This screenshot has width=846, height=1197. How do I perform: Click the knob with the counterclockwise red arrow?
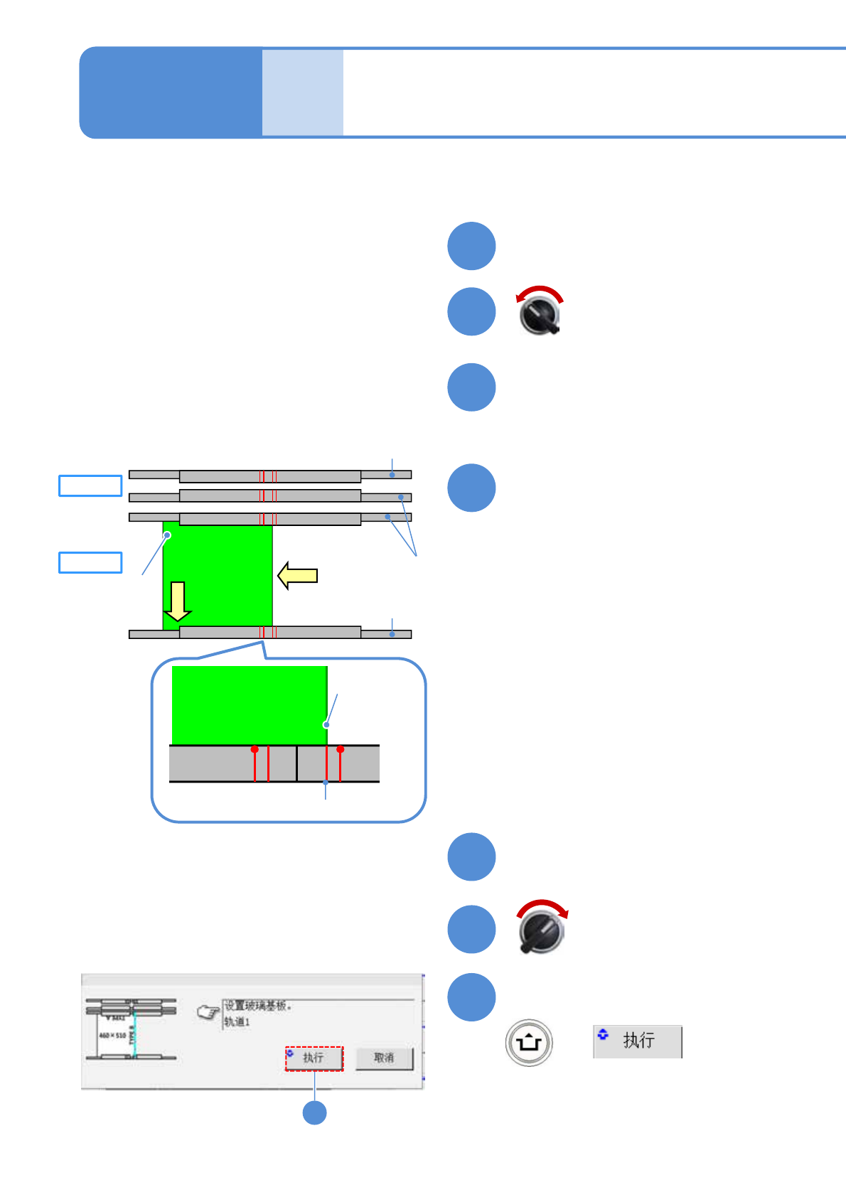coord(540,313)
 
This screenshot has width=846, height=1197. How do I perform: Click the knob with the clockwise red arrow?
coord(542,930)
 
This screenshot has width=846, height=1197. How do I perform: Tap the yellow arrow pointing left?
coord(297,575)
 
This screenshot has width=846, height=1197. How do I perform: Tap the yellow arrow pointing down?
coord(177,601)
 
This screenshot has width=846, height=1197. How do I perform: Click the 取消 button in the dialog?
coord(384,1058)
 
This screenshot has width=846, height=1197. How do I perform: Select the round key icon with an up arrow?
coord(529,1043)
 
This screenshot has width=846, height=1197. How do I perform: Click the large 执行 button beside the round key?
coord(638,1041)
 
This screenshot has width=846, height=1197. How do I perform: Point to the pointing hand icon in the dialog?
coord(208,1012)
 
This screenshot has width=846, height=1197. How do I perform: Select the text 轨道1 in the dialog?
coord(237,1021)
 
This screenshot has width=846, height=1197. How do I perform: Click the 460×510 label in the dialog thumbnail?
coord(112,1035)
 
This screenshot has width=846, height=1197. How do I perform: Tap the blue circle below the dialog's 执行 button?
coord(314,1112)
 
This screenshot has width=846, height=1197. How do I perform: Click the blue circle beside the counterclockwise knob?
coord(471,311)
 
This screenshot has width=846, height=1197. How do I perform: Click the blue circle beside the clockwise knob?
coord(471,929)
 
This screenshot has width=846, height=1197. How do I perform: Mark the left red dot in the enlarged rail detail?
coord(255,749)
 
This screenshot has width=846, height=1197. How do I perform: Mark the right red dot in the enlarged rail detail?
coord(341,749)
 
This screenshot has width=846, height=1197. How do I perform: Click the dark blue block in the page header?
coord(171,92)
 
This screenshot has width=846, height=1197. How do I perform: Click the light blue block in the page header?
coord(303,92)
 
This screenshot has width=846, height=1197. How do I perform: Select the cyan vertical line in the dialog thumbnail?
coord(134,1034)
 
